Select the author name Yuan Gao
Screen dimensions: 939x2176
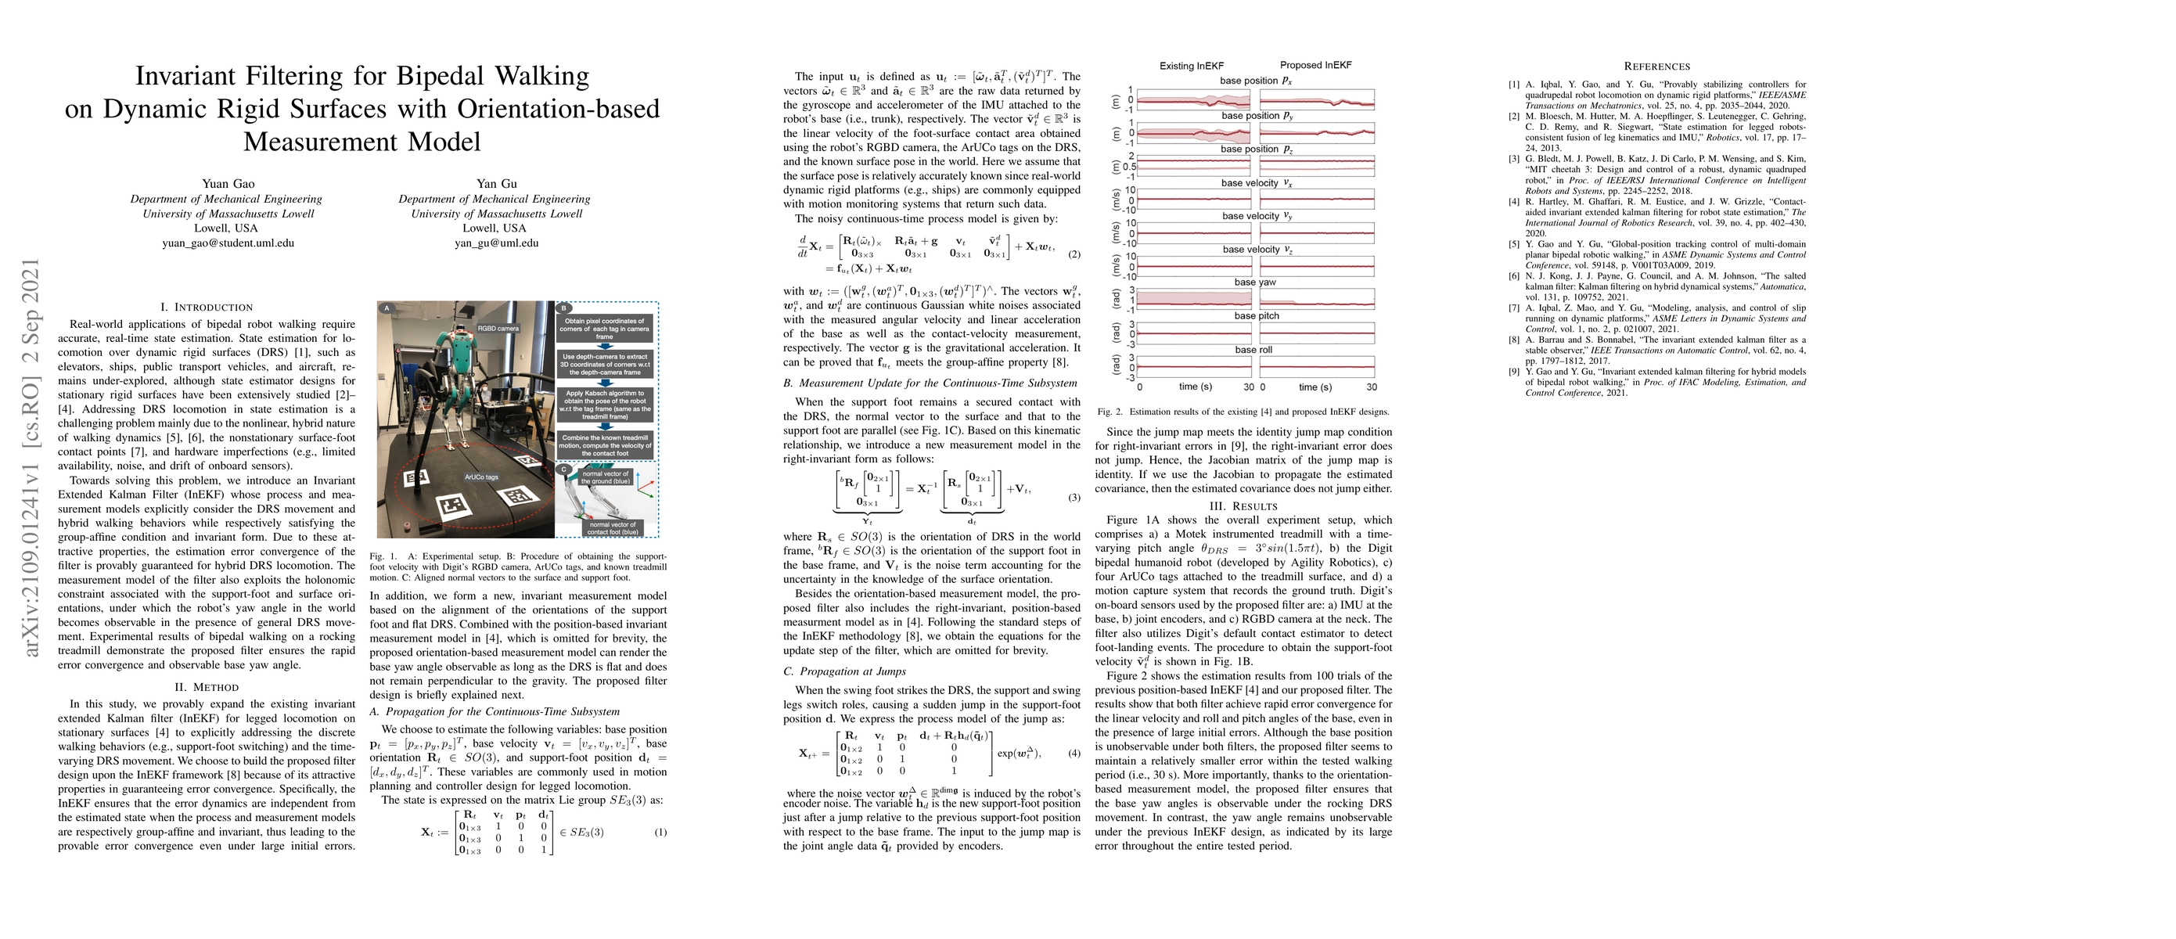(x=228, y=184)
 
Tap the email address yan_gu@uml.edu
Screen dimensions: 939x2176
(x=496, y=243)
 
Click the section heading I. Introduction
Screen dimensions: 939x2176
(x=206, y=308)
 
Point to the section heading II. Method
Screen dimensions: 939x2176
(x=206, y=687)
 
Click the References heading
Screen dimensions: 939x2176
(x=1656, y=67)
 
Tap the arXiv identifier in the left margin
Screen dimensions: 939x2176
(x=32, y=457)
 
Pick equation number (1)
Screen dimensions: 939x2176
(x=660, y=832)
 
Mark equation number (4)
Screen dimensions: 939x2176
(x=1074, y=753)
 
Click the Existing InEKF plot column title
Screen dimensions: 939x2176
(x=1191, y=66)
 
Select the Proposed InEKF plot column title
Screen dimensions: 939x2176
(x=1315, y=65)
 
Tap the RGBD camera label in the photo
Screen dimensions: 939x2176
(x=498, y=328)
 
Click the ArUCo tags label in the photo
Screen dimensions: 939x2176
(x=480, y=477)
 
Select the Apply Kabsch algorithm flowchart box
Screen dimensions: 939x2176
(x=605, y=405)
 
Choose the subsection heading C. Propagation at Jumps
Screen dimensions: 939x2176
(x=845, y=671)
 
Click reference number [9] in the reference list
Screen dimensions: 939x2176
(x=1514, y=372)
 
